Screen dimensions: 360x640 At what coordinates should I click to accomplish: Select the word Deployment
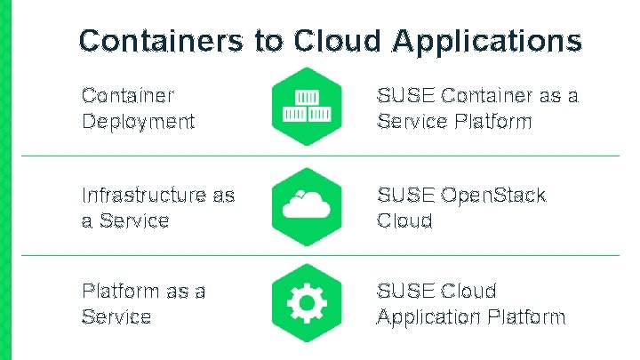pos(138,122)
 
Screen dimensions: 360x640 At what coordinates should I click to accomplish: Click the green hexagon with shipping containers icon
pos(306,107)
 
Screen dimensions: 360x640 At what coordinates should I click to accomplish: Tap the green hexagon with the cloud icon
pos(306,206)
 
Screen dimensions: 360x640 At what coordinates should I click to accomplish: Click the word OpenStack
pos(492,195)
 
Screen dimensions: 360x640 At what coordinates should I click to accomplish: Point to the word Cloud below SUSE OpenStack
pos(404,220)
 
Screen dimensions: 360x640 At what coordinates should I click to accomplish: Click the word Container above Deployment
pos(128,95)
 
